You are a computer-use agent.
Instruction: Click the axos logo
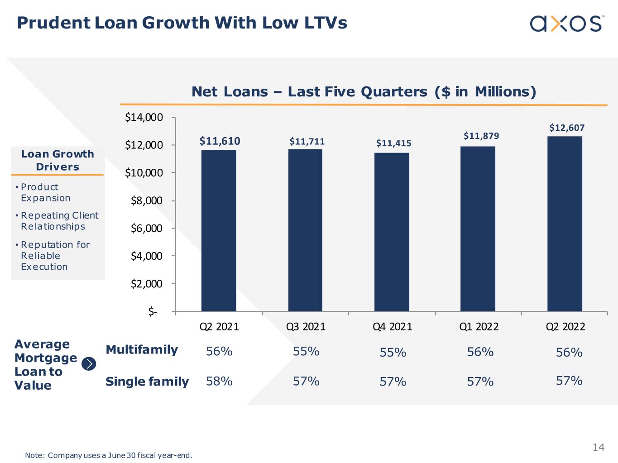click(x=566, y=23)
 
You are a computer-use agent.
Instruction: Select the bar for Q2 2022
click(x=565, y=224)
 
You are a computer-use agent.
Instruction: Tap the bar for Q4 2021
click(x=392, y=232)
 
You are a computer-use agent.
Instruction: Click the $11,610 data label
click(x=220, y=141)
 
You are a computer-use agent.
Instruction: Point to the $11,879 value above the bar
click(x=481, y=136)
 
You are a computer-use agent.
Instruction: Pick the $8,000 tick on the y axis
click(x=146, y=200)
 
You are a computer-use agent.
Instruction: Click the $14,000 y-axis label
click(x=144, y=118)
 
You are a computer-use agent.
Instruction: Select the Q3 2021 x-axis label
click(x=306, y=326)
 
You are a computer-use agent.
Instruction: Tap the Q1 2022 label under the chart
click(x=479, y=326)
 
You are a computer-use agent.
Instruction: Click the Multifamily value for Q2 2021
click(x=219, y=351)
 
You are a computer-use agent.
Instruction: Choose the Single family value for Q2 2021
click(x=219, y=381)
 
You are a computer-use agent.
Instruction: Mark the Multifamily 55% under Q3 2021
click(x=306, y=351)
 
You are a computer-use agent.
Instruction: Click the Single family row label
click(x=147, y=382)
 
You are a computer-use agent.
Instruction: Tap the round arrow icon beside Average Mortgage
click(x=89, y=363)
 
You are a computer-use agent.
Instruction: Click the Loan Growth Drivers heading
click(x=57, y=160)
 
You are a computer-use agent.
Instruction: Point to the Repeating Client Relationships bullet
click(x=59, y=221)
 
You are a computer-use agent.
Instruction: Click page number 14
click(x=598, y=447)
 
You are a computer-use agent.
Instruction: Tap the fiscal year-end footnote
click(x=109, y=455)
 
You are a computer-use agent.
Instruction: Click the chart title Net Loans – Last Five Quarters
click(x=364, y=92)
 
